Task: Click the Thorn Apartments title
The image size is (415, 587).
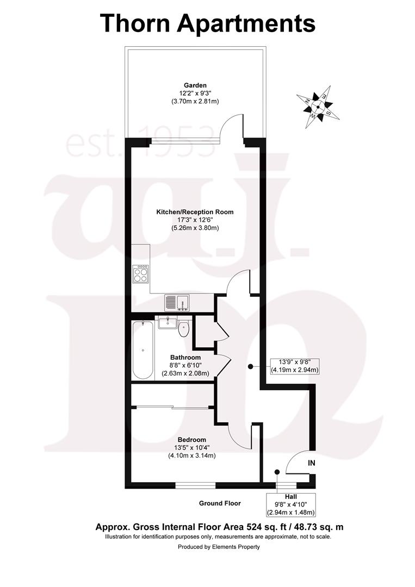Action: point(208,23)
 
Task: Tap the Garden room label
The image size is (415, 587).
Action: point(195,85)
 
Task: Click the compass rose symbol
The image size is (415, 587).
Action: point(318,107)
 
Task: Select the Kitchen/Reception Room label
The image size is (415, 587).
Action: point(195,212)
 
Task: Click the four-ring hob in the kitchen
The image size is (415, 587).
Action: point(140,273)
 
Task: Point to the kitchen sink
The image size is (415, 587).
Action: point(177,303)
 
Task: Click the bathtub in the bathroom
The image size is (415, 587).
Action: point(143,350)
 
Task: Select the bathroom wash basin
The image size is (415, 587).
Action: point(167,323)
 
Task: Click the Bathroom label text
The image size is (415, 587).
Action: point(185,358)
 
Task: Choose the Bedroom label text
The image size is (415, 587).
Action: point(192,440)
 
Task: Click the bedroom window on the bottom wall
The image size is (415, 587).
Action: point(195,485)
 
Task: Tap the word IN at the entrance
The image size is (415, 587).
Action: point(312,463)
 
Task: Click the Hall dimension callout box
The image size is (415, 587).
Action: point(290,504)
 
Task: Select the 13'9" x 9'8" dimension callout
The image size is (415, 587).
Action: point(295,366)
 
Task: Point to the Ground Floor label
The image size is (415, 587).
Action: point(220,503)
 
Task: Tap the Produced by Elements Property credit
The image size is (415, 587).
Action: point(219,547)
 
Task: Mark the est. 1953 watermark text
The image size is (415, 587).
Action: point(141,141)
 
